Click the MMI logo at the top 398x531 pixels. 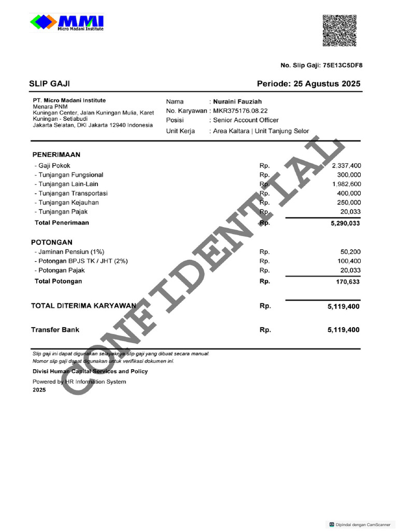[x=67, y=23]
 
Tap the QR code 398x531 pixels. [x=339, y=31]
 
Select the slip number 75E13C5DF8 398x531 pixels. [x=343, y=65]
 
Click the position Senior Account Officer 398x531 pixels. [x=246, y=120]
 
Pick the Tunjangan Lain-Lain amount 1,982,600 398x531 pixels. [x=346, y=184]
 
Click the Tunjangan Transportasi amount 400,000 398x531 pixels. [x=349, y=193]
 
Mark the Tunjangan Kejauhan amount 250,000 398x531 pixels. [x=349, y=203]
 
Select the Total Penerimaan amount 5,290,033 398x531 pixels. [x=344, y=223]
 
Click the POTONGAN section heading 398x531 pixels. [x=52, y=242]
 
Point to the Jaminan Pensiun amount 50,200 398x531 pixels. [x=351, y=252]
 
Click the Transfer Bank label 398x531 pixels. [x=55, y=329]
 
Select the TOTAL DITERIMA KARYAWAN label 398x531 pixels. [x=83, y=306]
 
